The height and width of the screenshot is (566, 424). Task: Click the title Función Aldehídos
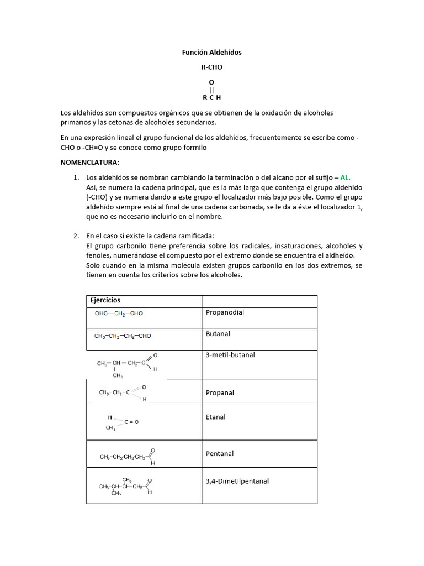point(211,53)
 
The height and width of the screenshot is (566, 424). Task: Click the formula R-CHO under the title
point(211,67)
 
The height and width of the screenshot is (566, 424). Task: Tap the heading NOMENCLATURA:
point(89,163)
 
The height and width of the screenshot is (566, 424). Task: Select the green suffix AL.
point(345,177)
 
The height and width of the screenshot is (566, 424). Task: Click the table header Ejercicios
point(105,300)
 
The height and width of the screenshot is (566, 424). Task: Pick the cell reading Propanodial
point(225,312)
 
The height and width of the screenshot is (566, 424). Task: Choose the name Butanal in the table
point(218,334)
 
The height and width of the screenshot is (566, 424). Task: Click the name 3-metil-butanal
point(230,355)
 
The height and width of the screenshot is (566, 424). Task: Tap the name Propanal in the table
point(220,392)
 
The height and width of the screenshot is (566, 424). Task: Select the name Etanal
point(215,417)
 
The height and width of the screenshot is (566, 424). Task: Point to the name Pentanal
point(219,453)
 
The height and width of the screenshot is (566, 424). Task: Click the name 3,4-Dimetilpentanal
point(237,481)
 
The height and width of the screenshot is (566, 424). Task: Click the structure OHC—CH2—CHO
point(119,313)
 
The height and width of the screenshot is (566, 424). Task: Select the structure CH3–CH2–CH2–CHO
point(123,336)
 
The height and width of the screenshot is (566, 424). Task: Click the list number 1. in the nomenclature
point(76,177)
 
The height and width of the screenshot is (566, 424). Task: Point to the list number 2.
point(76,236)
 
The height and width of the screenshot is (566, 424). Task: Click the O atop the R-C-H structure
point(211,82)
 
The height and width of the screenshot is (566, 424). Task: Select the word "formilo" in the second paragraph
point(195,148)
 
